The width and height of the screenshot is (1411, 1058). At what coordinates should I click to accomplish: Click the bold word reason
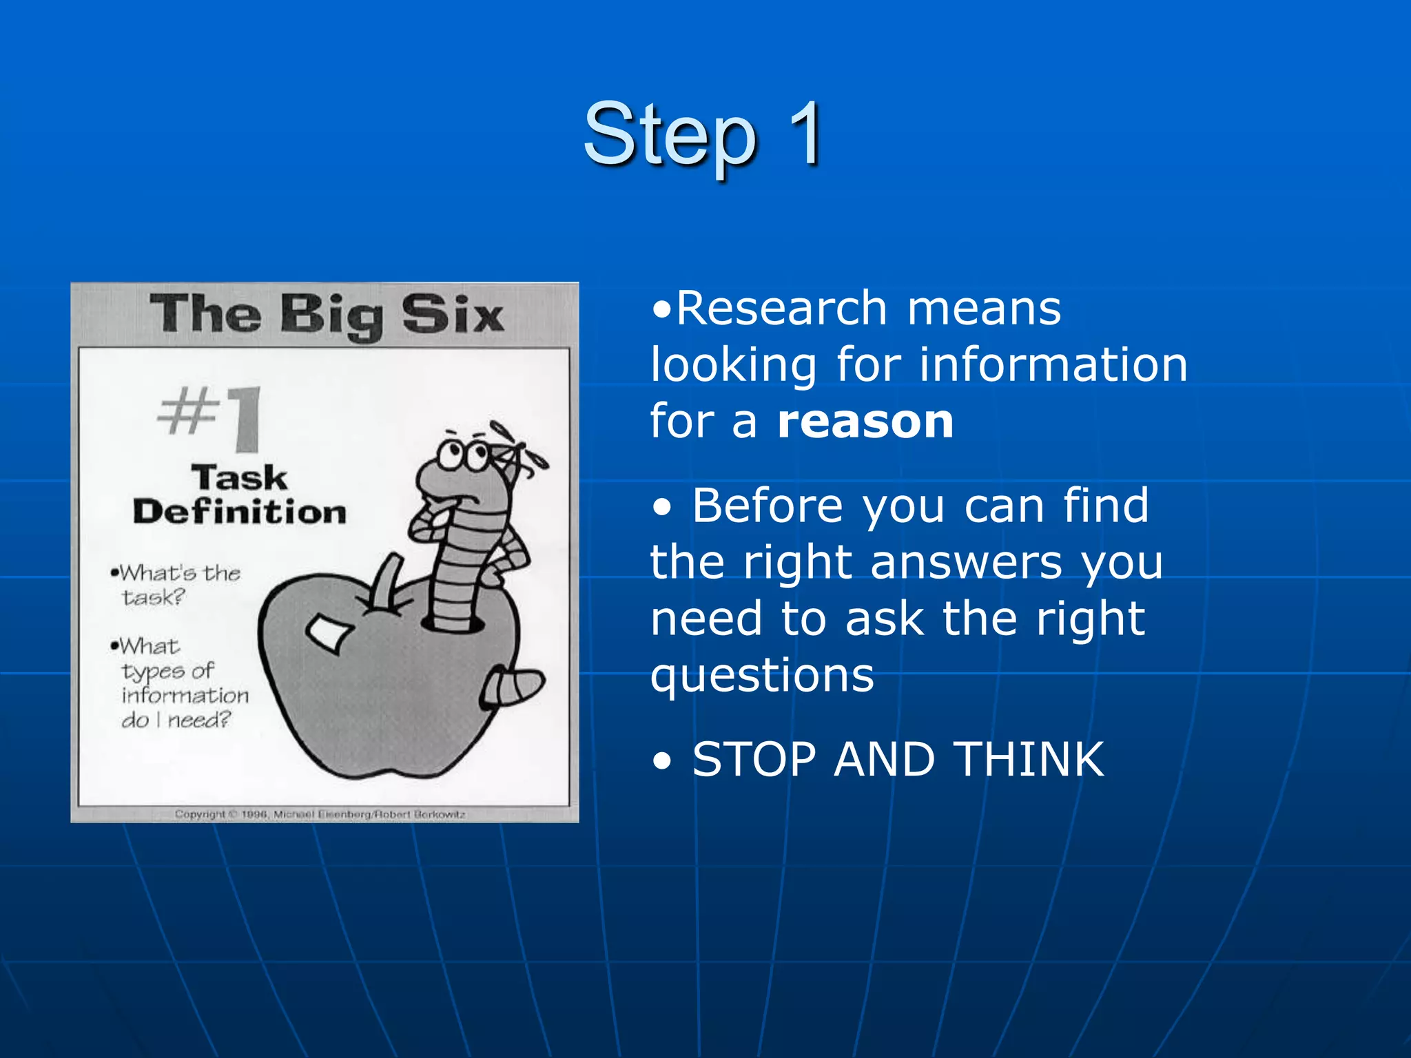pos(865,422)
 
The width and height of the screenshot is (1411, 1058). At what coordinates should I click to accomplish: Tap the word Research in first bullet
pos(781,309)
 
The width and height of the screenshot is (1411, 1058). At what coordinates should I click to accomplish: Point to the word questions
pos(762,676)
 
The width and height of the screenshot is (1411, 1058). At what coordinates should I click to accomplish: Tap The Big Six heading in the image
pos(327,315)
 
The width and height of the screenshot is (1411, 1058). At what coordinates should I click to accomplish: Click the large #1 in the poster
pos(211,417)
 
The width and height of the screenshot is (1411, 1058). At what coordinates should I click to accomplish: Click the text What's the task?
pos(178,584)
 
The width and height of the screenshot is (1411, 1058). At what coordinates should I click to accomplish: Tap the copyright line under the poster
pos(320,814)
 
